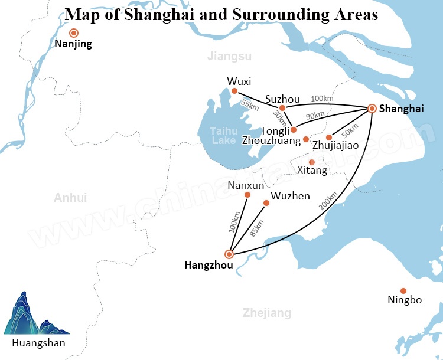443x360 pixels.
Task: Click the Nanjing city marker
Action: click(x=74, y=34)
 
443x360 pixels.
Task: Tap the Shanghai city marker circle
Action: click(x=372, y=108)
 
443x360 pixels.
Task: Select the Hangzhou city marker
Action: click(x=229, y=254)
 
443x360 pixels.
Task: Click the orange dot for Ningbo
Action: click(x=403, y=290)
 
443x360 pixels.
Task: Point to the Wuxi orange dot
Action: click(x=234, y=91)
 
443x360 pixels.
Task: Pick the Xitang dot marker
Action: click(x=312, y=162)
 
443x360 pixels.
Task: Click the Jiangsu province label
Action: click(x=229, y=57)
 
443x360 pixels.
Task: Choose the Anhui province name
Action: click(x=70, y=198)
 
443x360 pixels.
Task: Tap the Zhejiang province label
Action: click(x=267, y=313)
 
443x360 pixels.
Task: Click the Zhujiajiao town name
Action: click(x=335, y=145)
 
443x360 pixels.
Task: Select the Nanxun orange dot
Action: click(x=247, y=195)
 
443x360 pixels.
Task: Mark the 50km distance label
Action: click(x=350, y=128)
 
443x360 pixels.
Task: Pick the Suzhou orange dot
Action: click(x=282, y=107)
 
